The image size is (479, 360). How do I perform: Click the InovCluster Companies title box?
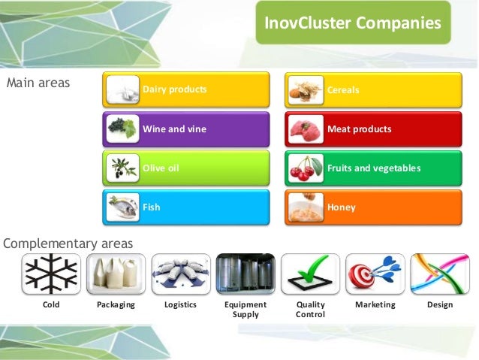(352, 23)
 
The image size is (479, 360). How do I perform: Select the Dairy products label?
(174, 90)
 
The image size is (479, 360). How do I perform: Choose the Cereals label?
(343, 90)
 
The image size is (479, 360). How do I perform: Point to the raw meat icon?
(305, 129)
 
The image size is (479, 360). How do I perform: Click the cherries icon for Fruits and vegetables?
(305, 168)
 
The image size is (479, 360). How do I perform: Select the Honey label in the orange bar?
(341, 207)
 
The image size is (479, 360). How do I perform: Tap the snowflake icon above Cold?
(51, 274)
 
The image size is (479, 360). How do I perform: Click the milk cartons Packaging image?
(116, 274)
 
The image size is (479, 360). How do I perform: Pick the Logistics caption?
(180, 305)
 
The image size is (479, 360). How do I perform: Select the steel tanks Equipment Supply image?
(245, 274)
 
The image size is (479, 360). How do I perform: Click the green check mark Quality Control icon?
(310, 274)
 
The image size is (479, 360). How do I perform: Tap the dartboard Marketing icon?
(375, 274)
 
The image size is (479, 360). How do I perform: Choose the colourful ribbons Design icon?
(439, 274)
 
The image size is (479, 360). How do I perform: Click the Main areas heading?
(38, 83)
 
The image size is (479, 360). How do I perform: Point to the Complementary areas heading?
(68, 243)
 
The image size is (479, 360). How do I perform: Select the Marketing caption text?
(375, 305)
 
